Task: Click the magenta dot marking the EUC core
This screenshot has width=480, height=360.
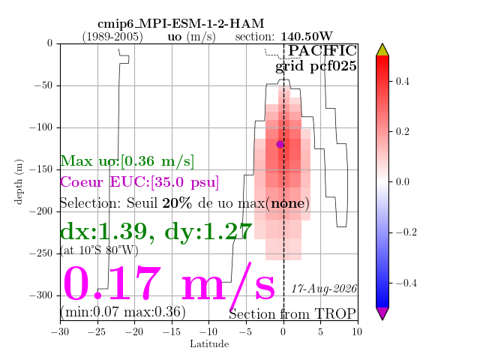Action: (280, 144)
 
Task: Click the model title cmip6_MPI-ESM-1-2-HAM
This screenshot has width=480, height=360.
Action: (181, 23)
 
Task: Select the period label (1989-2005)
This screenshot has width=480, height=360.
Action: (112, 37)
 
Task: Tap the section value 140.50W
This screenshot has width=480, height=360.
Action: (307, 37)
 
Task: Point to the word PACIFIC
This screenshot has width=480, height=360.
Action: (322, 50)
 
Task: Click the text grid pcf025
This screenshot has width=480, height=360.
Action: (316, 66)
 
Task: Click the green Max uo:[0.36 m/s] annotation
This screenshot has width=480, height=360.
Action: (127, 161)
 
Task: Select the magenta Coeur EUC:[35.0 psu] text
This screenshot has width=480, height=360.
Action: (139, 181)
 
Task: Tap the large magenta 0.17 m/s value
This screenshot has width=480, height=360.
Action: (169, 283)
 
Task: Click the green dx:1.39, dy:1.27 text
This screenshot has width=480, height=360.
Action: (156, 232)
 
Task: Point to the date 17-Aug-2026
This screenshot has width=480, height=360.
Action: (324, 289)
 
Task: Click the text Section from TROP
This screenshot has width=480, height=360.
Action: (292, 314)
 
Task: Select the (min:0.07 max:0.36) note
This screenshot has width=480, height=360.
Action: (123, 312)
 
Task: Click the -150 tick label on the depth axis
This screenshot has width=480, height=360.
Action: (41, 169)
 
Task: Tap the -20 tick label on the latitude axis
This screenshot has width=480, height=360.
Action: (135, 331)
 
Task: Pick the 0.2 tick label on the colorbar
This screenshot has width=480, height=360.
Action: (402, 132)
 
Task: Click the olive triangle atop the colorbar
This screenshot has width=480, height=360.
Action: (382, 50)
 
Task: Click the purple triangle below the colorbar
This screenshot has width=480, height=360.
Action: (382, 313)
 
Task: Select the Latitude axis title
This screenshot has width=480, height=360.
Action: (209, 344)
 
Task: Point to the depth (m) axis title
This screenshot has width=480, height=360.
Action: (19, 181)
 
